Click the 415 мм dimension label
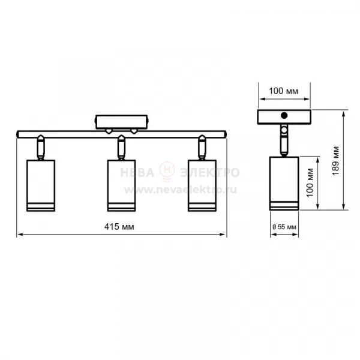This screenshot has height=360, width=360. pyautogui.click(x=119, y=227)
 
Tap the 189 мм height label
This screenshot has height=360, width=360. pyautogui.click(x=335, y=160)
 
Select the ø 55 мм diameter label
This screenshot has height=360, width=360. pyautogui.click(x=284, y=227)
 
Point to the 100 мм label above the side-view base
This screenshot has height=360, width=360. pyautogui.click(x=284, y=91)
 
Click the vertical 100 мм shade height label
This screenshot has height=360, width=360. pyautogui.click(x=310, y=182)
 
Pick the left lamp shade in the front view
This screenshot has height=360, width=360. pyautogui.click(x=41, y=185)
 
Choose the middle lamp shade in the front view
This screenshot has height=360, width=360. pyautogui.click(x=121, y=185)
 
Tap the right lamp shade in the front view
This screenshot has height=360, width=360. pyautogui.click(x=202, y=185)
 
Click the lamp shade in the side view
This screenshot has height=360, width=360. pyautogui.click(x=284, y=183)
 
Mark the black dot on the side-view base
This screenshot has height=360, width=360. pyautogui.click(x=284, y=115)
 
